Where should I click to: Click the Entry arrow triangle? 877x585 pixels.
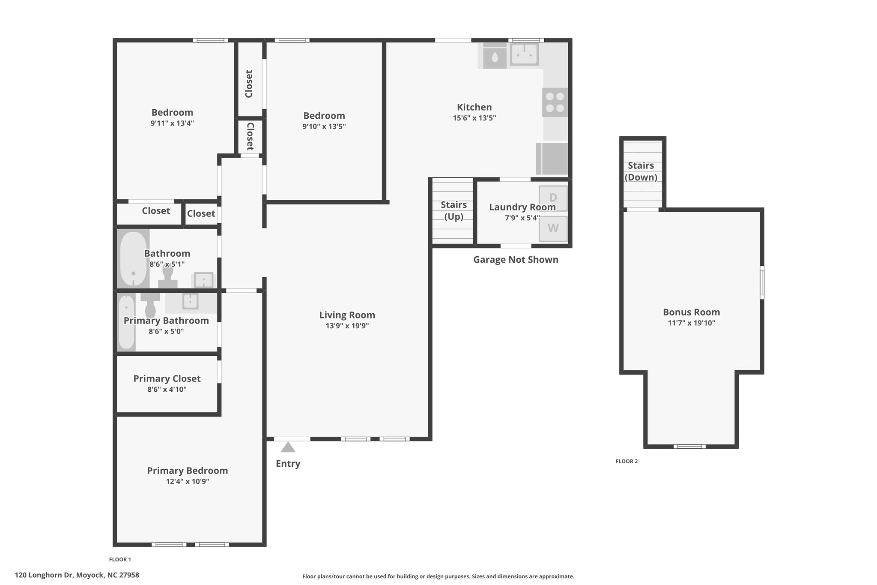(288, 447)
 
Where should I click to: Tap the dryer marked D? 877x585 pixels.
(553, 198)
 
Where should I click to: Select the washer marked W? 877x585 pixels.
(553, 228)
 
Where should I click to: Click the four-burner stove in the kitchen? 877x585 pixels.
(555, 102)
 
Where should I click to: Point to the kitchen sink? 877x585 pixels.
(524, 55)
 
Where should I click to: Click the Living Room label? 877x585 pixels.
(347, 315)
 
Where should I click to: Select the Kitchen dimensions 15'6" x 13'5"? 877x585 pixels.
(474, 118)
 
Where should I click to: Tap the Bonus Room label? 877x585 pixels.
(692, 312)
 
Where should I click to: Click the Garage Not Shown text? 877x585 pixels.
(516, 260)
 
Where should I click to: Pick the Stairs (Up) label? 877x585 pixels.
(454, 210)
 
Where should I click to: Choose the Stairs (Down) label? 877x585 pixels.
(641, 171)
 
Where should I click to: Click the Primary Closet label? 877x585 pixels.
(167, 379)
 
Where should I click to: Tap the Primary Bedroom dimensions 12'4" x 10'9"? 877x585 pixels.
(188, 481)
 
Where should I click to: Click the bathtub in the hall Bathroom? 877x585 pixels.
(133, 259)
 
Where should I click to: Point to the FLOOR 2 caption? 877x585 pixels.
(626, 461)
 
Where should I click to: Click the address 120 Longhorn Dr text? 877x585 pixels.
(44, 575)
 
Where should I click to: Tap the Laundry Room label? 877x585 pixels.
(522, 207)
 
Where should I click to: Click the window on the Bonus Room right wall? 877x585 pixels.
(762, 282)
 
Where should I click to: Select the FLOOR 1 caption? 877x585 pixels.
(120, 559)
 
